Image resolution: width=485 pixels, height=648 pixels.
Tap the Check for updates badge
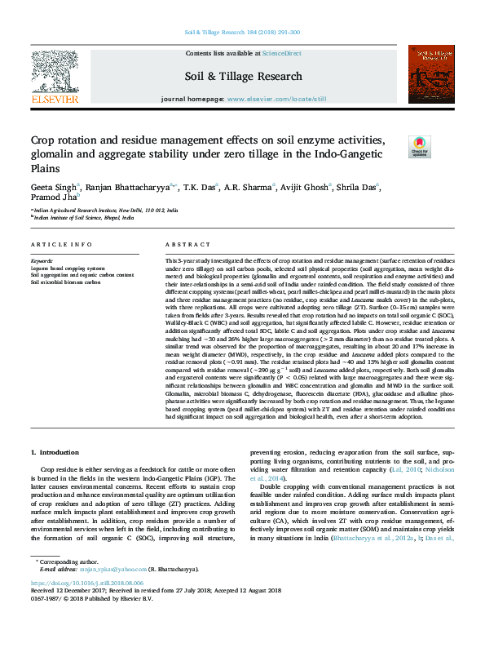pos(418,147)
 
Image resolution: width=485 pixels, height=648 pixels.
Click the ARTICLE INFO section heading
pos(62,245)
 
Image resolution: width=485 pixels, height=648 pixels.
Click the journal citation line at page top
pos(242,32)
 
